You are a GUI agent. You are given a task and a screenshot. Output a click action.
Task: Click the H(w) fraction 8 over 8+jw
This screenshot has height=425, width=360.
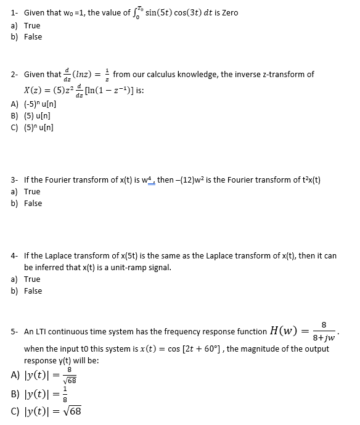pyautogui.click(x=324, y=331)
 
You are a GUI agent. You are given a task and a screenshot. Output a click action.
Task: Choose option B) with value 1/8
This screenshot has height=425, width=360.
pyautogui.click(x=52, y=393)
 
